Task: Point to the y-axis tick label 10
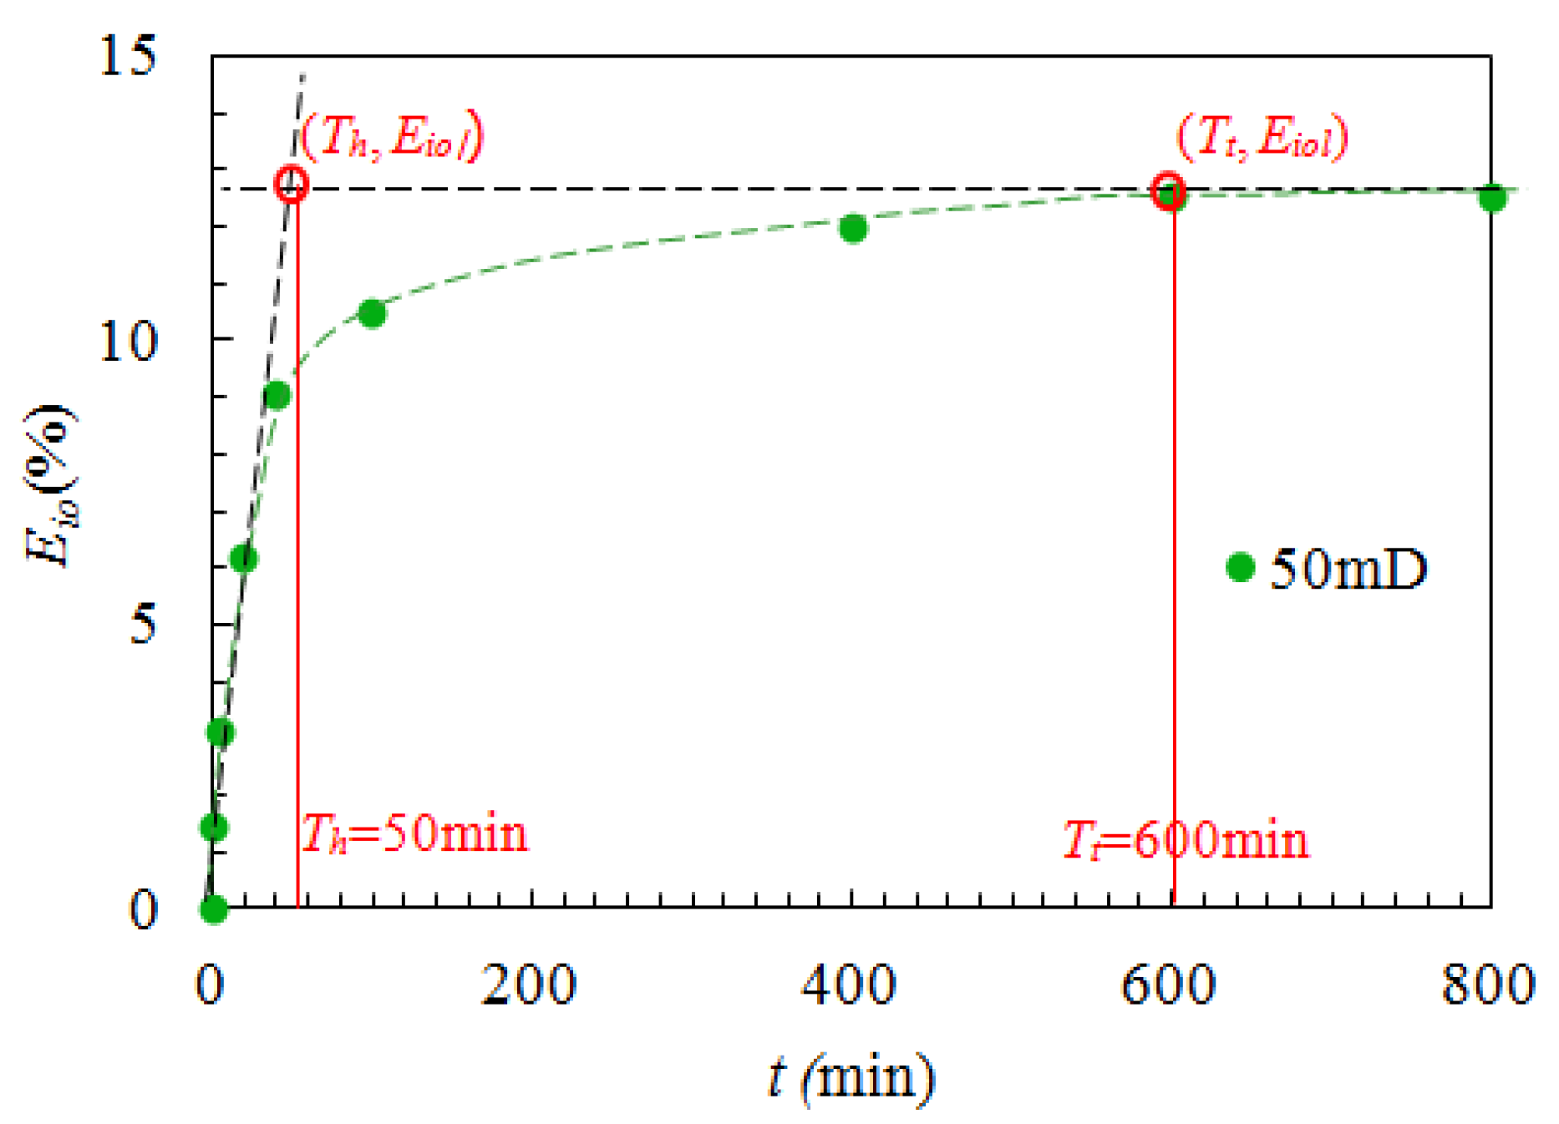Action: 127,341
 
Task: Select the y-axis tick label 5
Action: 143,625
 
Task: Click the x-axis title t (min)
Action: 851,1077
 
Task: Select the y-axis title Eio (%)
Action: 52,484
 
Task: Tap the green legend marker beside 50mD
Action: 1241,568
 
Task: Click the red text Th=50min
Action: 414,833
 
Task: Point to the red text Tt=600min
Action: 1185,840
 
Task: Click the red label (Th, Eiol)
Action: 392,136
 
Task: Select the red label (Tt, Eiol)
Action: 1262,136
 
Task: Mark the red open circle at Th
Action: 292,184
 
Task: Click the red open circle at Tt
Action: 1168,190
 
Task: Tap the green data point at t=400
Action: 853,228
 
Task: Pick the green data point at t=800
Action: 1492,198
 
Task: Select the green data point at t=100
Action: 372,313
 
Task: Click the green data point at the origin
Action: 214,909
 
